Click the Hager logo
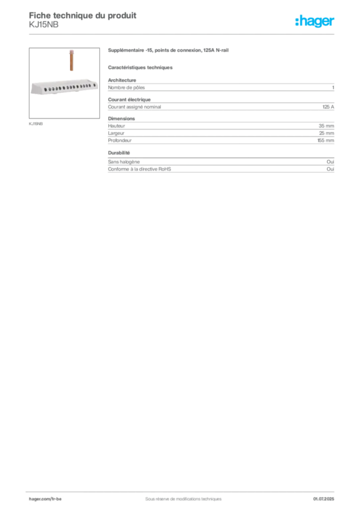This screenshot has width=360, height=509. tap(314, 21)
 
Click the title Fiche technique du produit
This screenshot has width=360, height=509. tap(83, 15)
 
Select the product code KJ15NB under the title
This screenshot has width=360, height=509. tap(43, 25)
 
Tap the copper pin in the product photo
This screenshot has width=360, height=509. tap(72, 60)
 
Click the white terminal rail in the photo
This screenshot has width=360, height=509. tap(65, 87)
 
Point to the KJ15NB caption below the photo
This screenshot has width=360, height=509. tap(36, 124)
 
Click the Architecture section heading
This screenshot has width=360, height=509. tap(122, 80)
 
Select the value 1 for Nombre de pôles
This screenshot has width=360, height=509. tap(333, 87)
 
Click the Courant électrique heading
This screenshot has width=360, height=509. tap(129, 99)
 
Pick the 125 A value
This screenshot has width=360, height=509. tap(328, 107)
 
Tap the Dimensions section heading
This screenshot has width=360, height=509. tap(121, 119)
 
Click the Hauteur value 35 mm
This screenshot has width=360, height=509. tap(326, 126)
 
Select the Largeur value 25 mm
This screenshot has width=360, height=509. tap(326, 133)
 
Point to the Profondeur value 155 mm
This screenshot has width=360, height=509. tap(326, 141)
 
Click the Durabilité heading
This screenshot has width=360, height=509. tap(119, 153)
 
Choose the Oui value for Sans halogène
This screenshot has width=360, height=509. tap(330, 162)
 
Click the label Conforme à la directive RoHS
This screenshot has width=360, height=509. tap(139, 169)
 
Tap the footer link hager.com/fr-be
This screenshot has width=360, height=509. tap(45, 499)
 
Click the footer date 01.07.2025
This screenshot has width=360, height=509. tap(324, 499)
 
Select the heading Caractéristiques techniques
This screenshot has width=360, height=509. tap(140, 68)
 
